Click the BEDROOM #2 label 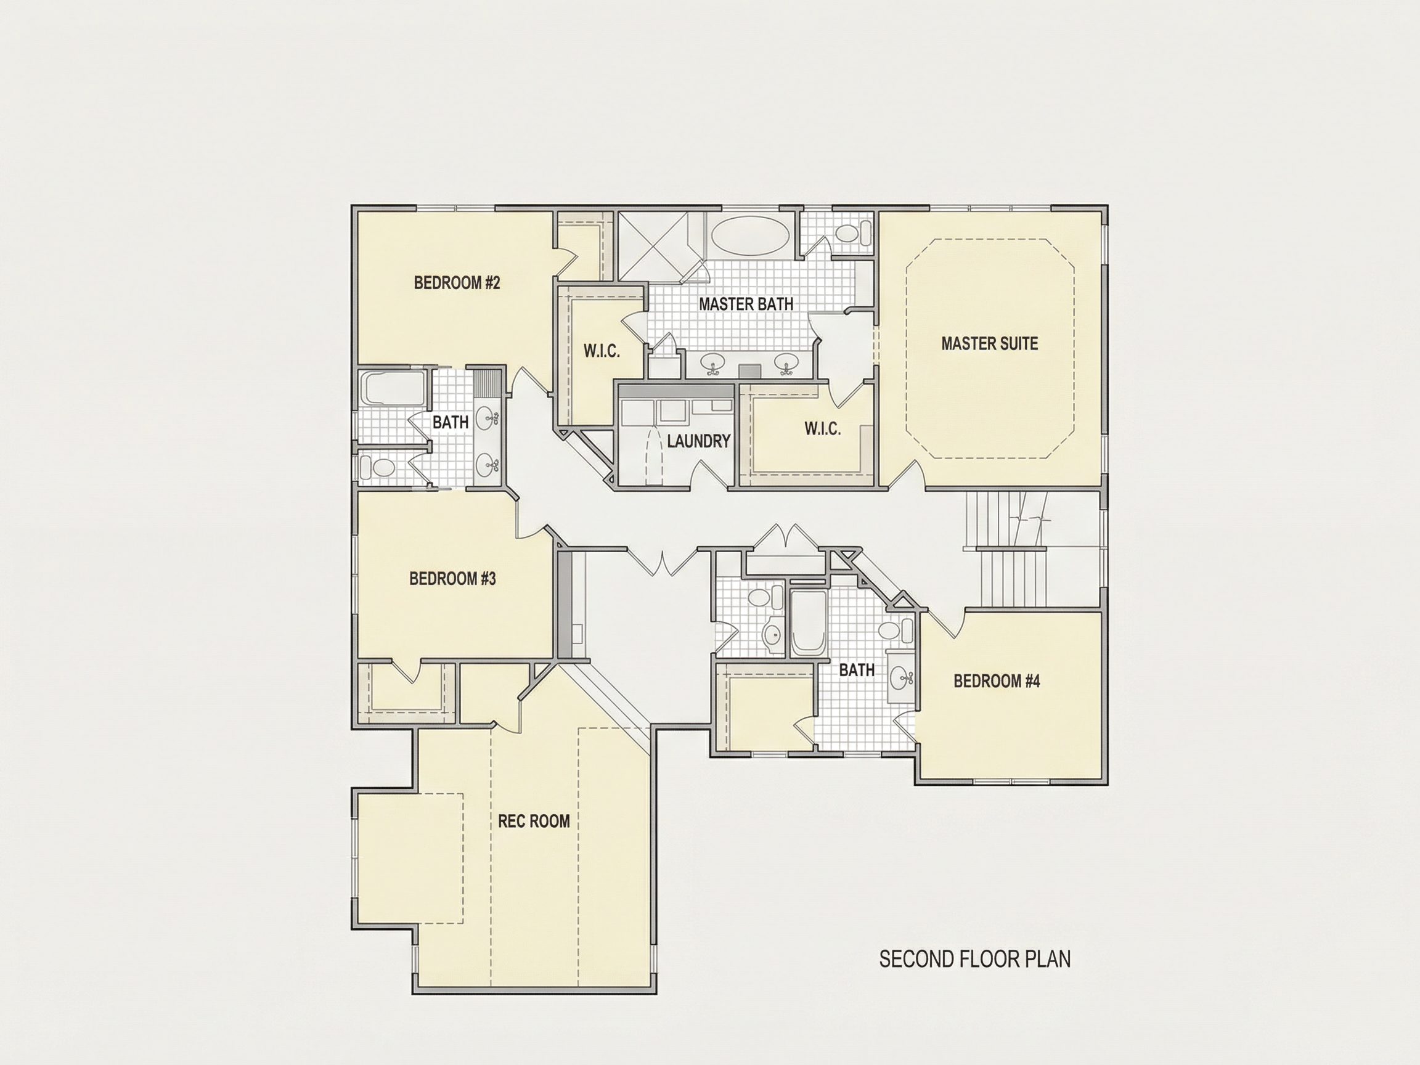[x=457, y=283]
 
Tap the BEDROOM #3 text [x=452, y=579]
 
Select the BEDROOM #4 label [x=997, y=681]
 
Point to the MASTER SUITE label [x=989, y=343]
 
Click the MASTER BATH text [x=746, y=304]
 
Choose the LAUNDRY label [x=698, y=441]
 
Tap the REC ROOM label [x=534, y=821]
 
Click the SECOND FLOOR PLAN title [x=974, y=977]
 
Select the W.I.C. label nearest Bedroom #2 [x=602, y=351]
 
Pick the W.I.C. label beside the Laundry [x=822, y=429]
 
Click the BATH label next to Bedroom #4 [x=857, y=670]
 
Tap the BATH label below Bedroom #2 [x=450, y=422]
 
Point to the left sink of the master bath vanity [x=712, y=364]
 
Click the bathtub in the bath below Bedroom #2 [x=391, y=388]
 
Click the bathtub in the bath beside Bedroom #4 [x=807, y=622]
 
